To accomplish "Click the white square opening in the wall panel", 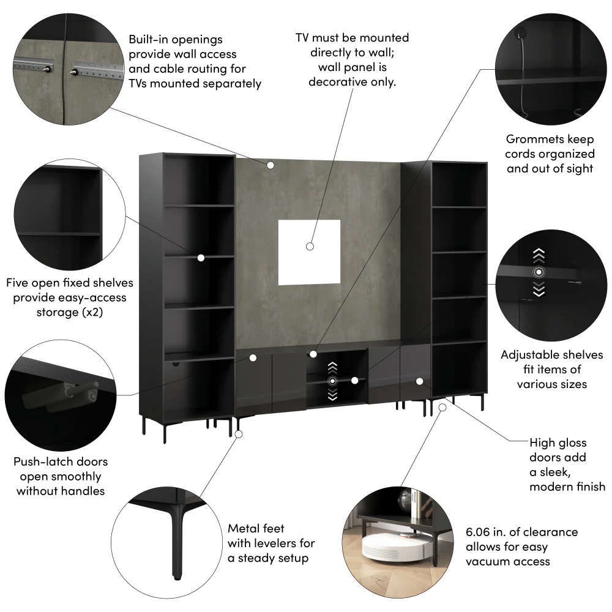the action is click(309, 252).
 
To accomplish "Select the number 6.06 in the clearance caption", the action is click(480, 532).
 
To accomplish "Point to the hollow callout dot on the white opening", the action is click(310, 246).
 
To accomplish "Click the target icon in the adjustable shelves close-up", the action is click(539, 272).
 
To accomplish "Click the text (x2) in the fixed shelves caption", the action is click(92, 312).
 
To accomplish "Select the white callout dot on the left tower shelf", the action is click(201, 258).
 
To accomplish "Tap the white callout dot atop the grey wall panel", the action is click(270, 165).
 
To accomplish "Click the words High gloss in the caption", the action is click(558, 442).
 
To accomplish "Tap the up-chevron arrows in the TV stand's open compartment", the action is click(332, 368).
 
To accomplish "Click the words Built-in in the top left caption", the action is click(147, 39).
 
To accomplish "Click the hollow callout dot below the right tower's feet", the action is click(442, 408).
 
